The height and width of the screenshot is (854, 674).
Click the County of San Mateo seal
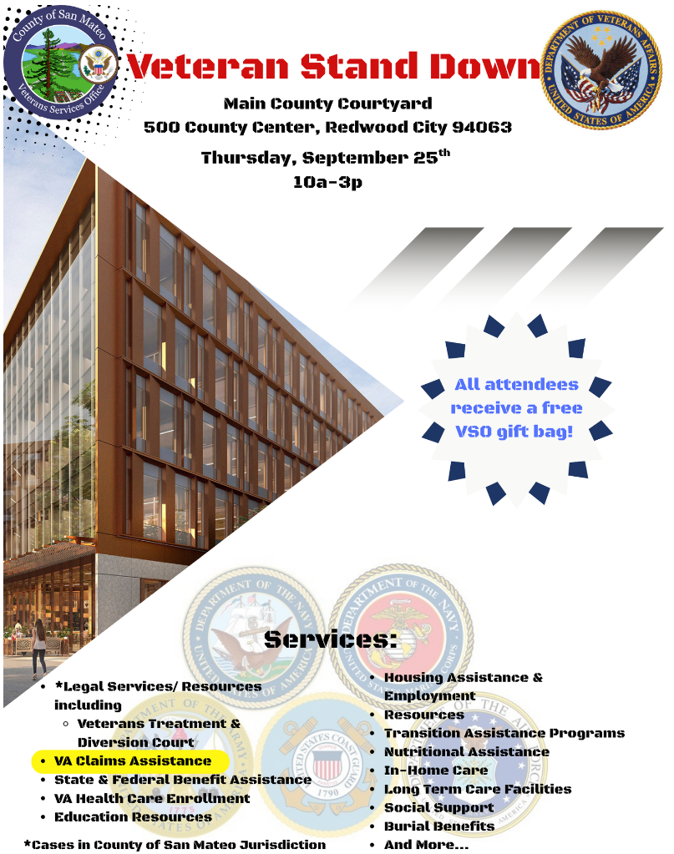click(61, 60)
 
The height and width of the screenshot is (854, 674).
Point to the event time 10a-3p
click(327, 181)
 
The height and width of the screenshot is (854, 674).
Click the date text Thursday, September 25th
click(326, 157)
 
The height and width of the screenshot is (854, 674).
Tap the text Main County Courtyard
click(327, 104)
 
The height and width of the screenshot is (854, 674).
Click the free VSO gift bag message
click(517, 408)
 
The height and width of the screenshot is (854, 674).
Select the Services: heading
click(331, 639)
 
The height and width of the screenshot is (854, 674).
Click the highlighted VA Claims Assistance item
click(132, 761)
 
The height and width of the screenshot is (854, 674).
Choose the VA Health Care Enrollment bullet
click(152, 798)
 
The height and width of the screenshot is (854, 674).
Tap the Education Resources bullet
click(133, 816)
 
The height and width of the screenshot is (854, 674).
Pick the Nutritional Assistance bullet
click(466, 751)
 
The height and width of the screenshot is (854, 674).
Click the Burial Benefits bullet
click(438, 826)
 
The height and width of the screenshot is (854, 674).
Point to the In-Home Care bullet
click(435, 770)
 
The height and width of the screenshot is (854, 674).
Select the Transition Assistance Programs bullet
click(504, 733)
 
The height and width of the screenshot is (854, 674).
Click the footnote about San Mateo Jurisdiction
click(175, 844)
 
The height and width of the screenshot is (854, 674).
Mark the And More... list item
click(426, 844)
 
